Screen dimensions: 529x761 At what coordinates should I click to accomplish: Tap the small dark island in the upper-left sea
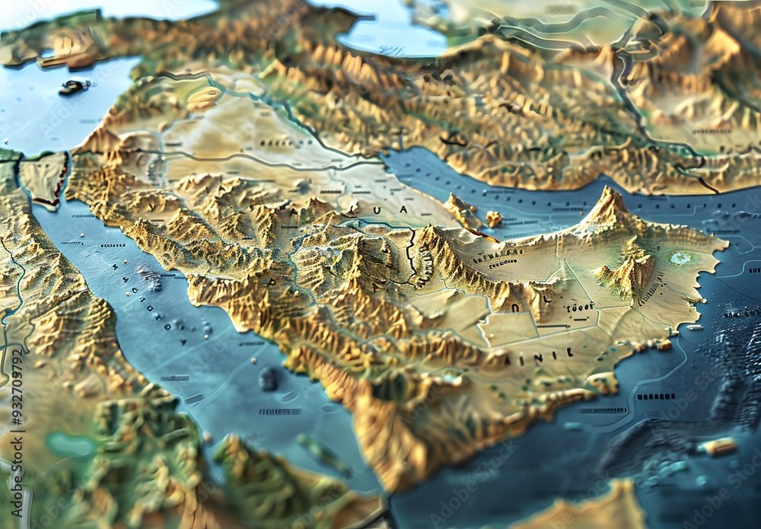74,87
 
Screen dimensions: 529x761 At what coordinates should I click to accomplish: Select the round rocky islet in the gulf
495,219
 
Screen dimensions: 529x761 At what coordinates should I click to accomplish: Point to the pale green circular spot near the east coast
680,258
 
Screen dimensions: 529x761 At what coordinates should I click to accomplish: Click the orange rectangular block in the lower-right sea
718,446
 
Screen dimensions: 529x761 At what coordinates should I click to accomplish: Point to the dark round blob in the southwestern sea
268,378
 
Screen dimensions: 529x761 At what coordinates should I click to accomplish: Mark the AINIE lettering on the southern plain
548,353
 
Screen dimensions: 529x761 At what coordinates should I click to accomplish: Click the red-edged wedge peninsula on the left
46,179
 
